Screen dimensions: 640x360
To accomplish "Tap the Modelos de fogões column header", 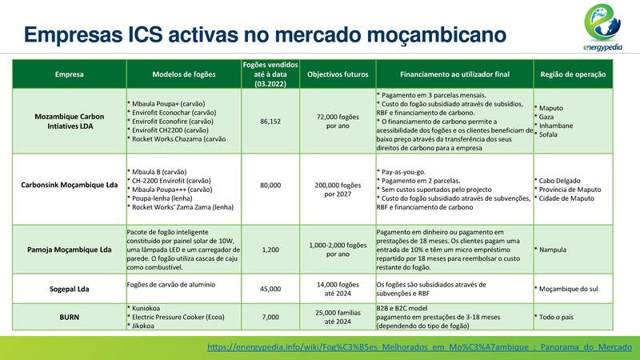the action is coord(183,74).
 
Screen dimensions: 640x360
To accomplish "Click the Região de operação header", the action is coord(572,74).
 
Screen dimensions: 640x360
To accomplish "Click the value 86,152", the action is coord(270,121).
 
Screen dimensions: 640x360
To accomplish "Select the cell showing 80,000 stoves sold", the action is coord(270,186).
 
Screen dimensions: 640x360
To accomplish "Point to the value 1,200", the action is coord(270,250).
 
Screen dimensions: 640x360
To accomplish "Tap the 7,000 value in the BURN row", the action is coord(270,318).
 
